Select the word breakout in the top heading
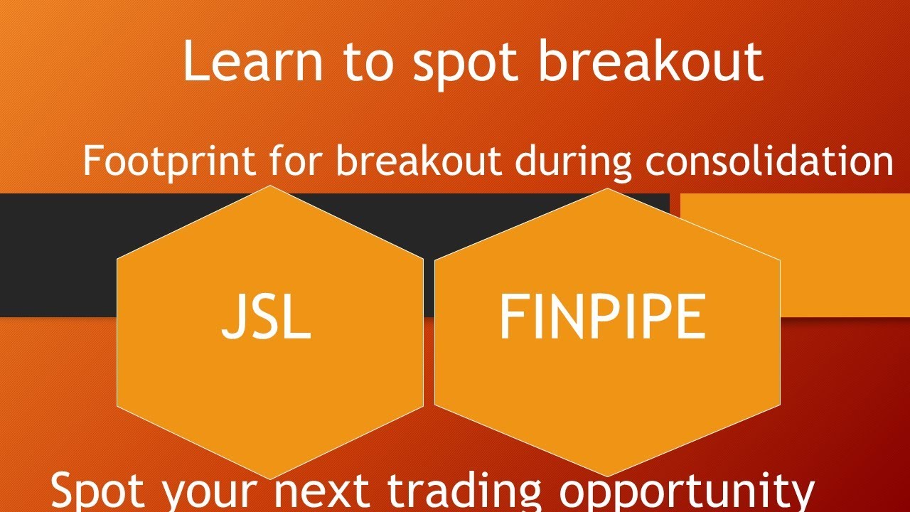650,62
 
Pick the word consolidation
769,161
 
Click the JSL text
267,316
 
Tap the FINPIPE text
602,316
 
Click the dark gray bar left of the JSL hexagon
57,255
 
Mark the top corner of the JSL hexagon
270,186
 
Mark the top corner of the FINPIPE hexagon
607,189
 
